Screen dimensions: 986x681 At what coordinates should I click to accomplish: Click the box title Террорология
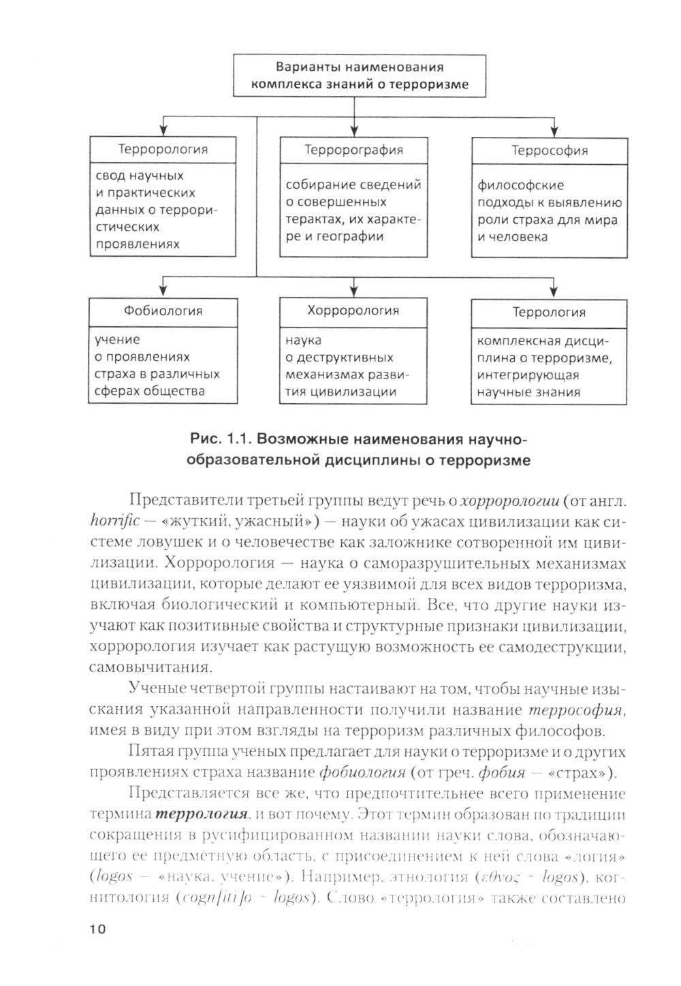point(163,149)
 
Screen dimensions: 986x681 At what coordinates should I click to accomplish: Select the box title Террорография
point(353,150)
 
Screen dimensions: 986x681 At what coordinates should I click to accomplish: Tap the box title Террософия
point(549,151)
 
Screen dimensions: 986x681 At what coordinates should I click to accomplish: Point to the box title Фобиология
point(163,311)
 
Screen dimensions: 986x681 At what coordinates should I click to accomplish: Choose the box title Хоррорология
point(353,311)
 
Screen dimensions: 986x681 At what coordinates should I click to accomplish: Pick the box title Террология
point(549,313)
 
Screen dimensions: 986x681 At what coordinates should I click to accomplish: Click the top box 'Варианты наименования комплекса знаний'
point(360,76)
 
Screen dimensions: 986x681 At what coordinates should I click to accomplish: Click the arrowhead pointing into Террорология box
point(163,131)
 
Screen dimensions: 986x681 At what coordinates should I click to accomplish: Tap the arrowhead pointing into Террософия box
point(556,131)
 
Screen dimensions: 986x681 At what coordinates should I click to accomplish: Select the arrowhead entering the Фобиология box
point(163,292)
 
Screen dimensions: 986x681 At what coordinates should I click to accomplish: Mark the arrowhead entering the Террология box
point(556,293)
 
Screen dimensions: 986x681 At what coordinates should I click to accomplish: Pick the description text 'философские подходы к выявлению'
point(549,194)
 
